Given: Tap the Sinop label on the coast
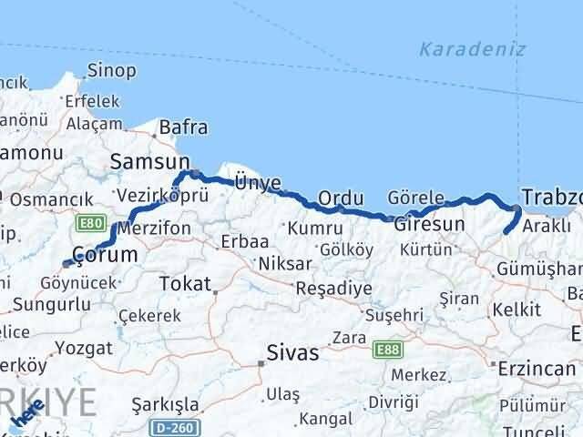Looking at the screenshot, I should point(112,70).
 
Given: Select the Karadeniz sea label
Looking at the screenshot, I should point(473,49).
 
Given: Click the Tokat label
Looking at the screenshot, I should point(186,284).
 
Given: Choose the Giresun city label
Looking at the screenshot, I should point(429,223).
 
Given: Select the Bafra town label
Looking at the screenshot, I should point(183,128).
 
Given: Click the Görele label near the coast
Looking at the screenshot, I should point(415,198).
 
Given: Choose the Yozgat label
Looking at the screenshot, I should point(83,347).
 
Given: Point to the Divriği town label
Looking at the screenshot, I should point(394,401).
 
